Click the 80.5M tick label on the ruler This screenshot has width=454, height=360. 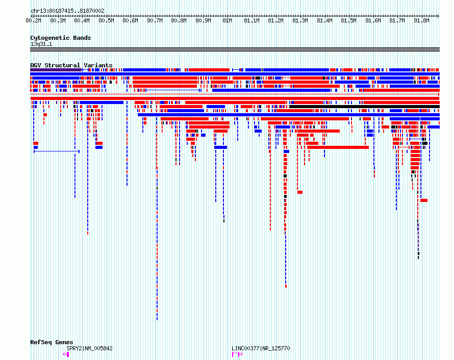(106, 20)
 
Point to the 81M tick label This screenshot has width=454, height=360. (227, 20)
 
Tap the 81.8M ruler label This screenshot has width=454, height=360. (421, 20)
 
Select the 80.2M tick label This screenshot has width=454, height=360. (33, 20)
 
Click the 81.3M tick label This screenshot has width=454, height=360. (300, 20)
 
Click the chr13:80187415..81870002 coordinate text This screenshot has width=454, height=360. (67, 11)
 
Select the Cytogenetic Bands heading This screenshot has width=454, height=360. (61, 38)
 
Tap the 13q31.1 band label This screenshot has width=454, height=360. (41, 44)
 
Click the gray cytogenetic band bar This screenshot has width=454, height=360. (235, 49)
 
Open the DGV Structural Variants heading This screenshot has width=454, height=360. (71, 65)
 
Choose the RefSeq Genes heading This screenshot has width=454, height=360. (52, 342)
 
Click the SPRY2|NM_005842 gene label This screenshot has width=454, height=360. (89, 348)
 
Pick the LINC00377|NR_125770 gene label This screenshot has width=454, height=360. (261, 348)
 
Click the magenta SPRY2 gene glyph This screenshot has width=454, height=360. (66, 354)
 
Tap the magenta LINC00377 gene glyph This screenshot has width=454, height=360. (237, 354)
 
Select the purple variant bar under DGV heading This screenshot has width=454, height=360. (56, 70)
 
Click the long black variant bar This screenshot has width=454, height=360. (365, 107)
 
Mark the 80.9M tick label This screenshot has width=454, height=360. (203, 20)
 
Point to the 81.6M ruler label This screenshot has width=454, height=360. (373, 20)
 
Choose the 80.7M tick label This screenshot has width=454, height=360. (155, 20)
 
